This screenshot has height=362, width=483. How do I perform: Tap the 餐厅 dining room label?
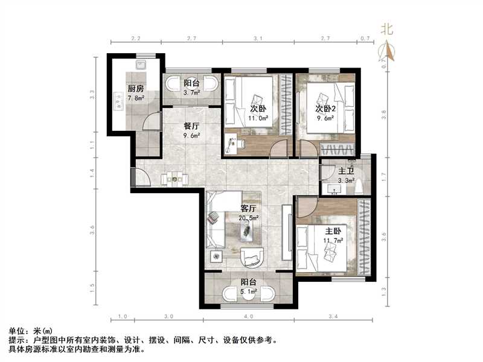[191, 127]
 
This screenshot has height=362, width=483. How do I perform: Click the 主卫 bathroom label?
[346, 171]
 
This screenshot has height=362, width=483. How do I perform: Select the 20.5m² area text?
[249, 217]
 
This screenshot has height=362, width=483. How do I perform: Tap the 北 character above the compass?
[387, 28]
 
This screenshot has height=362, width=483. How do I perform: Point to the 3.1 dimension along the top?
[258, 38]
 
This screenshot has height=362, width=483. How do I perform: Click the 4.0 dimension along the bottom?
[249, 316]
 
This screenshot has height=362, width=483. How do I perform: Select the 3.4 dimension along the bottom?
[334, 316]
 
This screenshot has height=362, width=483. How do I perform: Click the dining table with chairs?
[174, 178]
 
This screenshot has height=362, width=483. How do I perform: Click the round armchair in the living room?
[252, 257]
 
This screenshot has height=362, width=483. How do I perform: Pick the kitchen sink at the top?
[142, 63]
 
